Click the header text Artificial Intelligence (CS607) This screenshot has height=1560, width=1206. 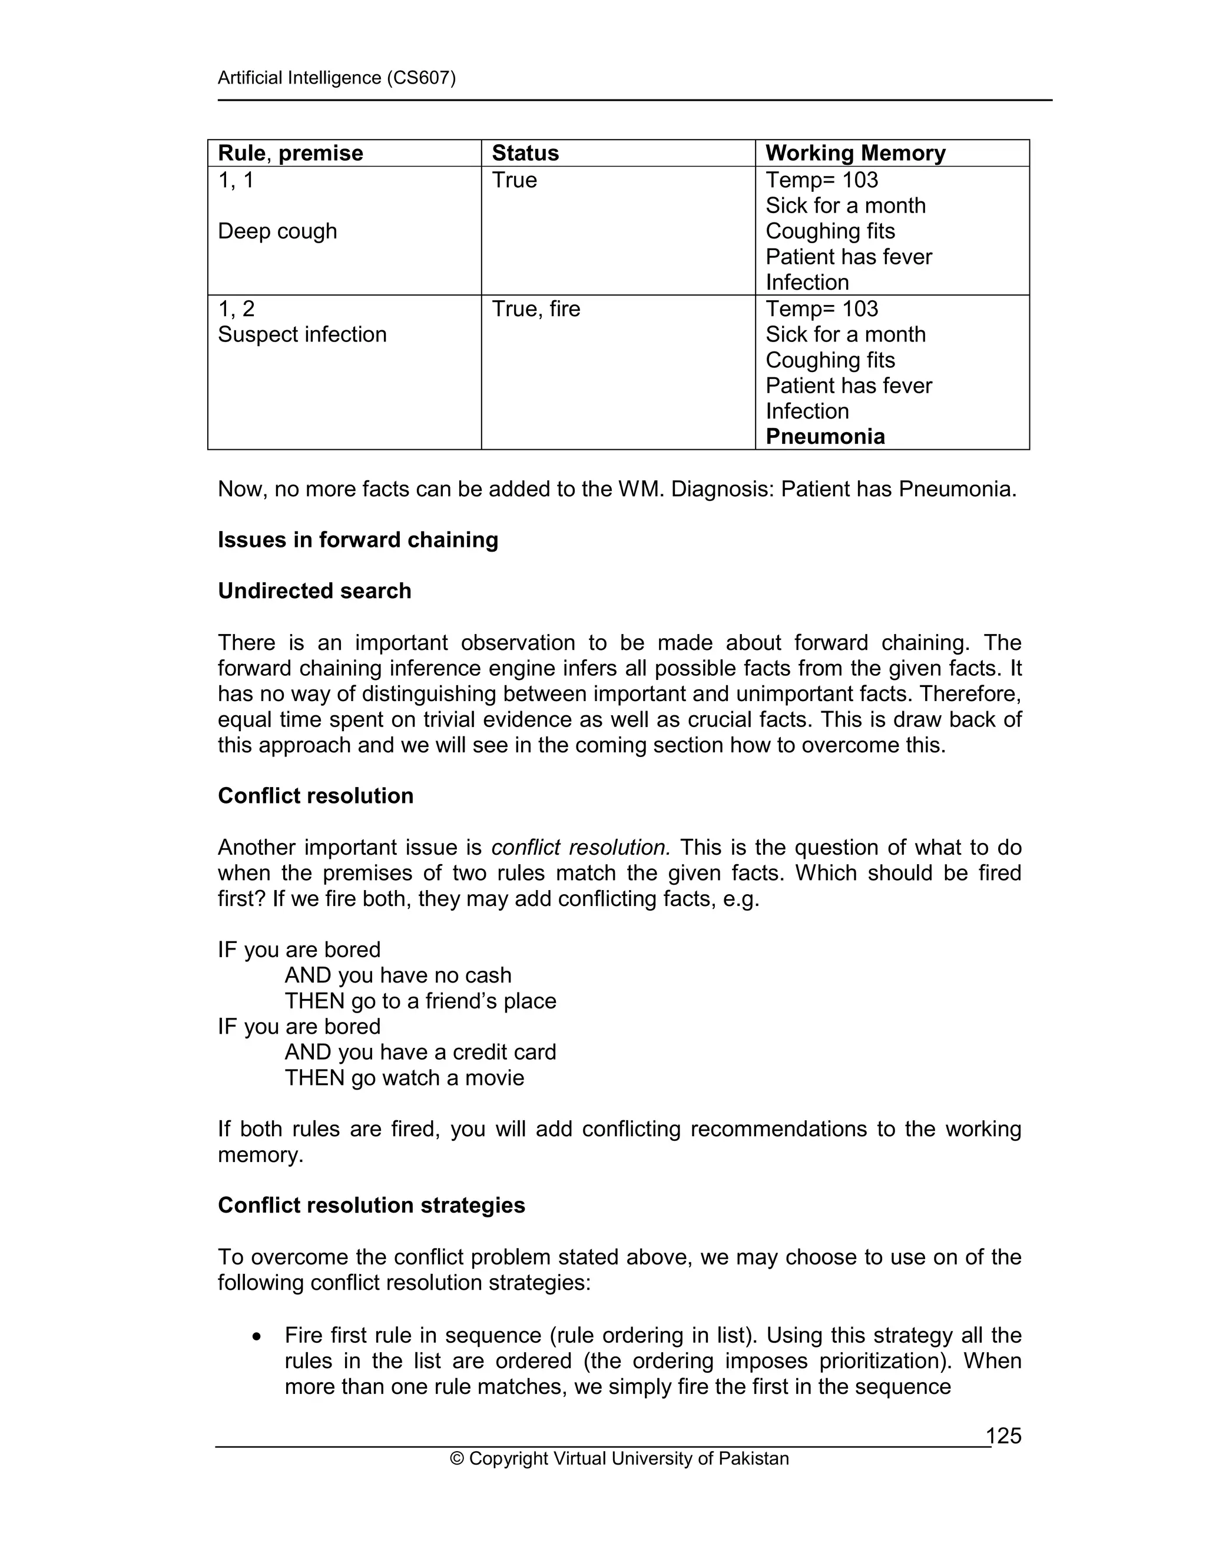(336, 77)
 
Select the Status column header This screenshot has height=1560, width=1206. (525, 153)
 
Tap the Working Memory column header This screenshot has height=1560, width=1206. (855, 153)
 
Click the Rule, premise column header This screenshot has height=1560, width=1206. (290, 153)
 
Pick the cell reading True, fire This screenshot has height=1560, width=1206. (536, 308)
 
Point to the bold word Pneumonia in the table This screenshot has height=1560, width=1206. (825, 436)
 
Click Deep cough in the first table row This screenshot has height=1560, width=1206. (277, 231)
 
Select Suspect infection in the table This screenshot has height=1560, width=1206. (302, 334)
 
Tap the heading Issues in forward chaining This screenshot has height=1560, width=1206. (358, 539)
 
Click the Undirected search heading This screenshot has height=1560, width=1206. (314, 590)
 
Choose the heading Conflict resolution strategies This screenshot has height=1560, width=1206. (372, 1205)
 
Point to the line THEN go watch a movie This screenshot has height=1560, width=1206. (405, 1077)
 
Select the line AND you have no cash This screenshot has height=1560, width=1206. (398, 975)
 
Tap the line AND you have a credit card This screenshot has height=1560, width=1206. (420, 1052)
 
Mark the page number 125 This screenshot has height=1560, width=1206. (1004, 1436)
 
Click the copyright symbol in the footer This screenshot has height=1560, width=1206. (456, 1459)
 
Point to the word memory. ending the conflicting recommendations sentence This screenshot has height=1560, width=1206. (261, 1154)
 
